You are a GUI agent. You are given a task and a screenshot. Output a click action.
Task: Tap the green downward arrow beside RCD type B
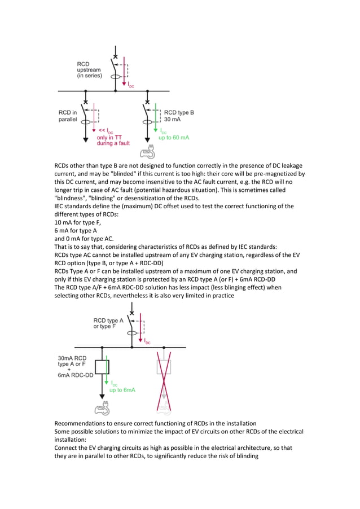pos(155,124)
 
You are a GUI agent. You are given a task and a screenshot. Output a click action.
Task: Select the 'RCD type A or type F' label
pos(108,323)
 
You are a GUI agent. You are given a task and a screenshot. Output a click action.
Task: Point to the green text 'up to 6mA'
pos(122,390)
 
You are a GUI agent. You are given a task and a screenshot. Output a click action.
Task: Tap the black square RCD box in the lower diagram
pos(102,367)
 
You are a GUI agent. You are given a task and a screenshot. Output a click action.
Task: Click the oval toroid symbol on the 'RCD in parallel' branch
pos(85,120)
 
